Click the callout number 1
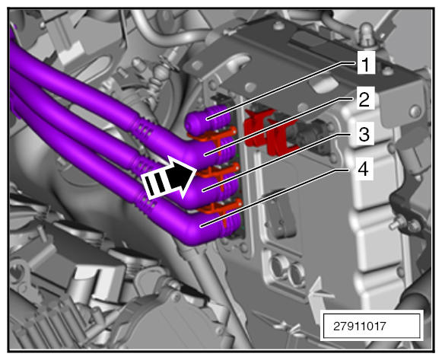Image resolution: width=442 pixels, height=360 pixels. pos(366,64)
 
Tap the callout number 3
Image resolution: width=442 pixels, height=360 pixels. pos(364,135)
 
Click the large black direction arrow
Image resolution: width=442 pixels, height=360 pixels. pos(169,177)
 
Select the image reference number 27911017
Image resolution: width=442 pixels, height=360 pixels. pos(359,327)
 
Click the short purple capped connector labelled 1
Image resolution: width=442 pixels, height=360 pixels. pos(208,119)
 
